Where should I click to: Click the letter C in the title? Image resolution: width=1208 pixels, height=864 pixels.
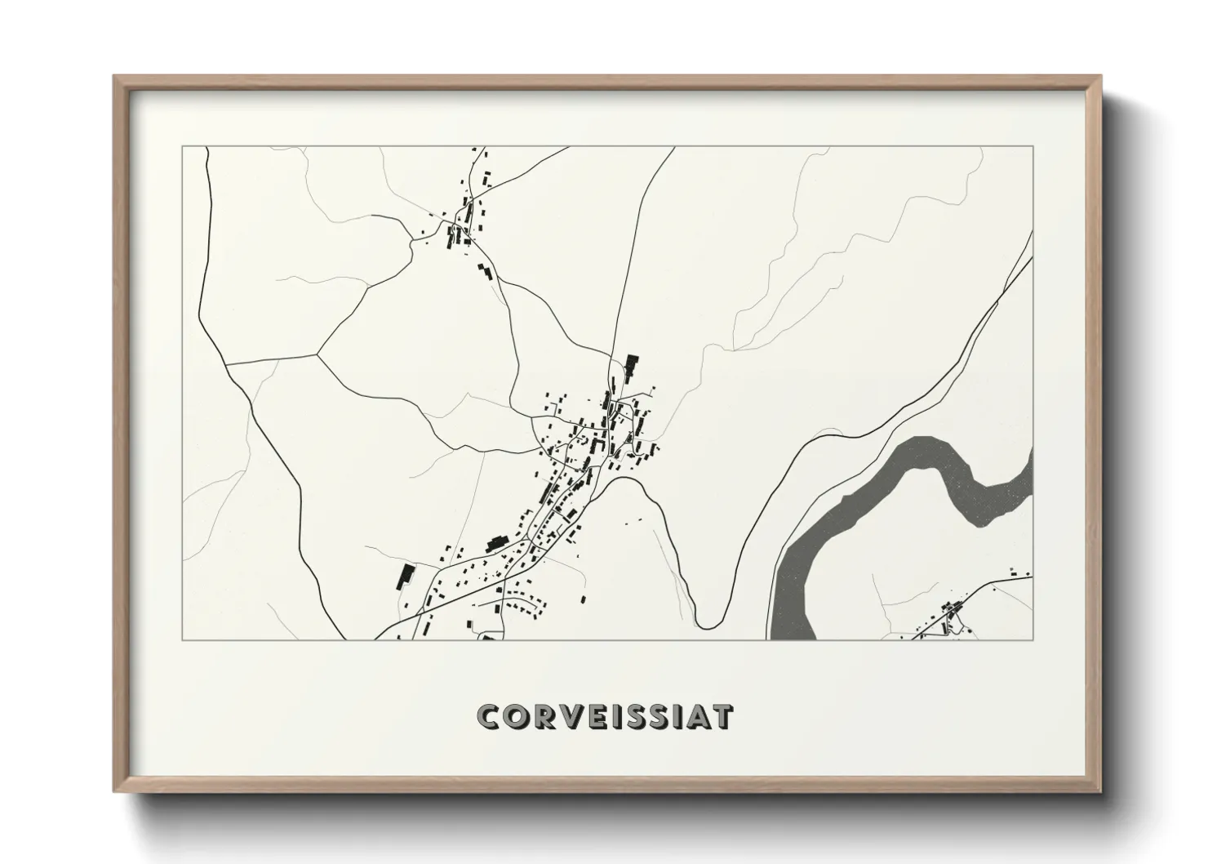(490, 716)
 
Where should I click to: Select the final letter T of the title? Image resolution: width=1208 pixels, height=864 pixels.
(722, 716)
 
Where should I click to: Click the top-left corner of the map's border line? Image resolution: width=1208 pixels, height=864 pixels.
(183, 147)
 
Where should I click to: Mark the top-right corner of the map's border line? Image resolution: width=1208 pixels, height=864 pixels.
(1033, 147)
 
